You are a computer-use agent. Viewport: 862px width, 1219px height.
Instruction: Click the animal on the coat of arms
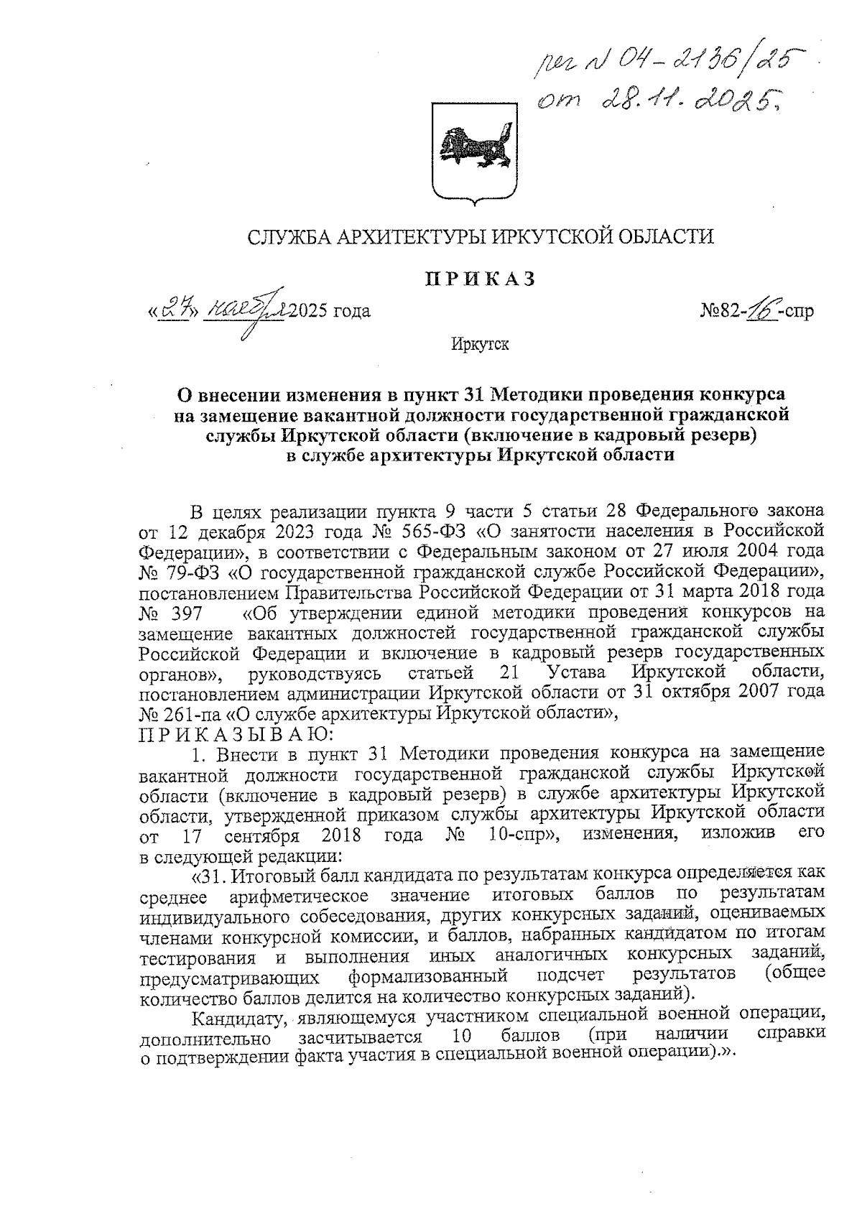[x=474, y=144]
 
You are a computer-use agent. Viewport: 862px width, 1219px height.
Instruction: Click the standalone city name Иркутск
[x=480, y=345]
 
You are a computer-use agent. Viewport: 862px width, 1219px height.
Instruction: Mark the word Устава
[x=575, y=673]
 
